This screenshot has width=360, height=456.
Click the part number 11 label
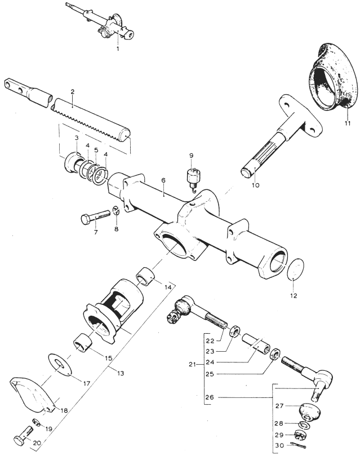[348, 123]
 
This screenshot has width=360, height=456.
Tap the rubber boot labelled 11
[332, 77]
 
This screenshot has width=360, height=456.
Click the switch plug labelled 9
[192, 178]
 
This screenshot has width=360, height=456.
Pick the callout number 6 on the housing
[163, 180]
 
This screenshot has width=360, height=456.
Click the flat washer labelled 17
[60, 362]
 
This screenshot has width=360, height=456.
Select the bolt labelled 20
[24, 434]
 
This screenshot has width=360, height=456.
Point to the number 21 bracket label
[192, 364]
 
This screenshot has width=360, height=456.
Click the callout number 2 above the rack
[72, 92]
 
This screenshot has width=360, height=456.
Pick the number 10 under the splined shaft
[255, 185]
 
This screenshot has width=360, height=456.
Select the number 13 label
[121, 373]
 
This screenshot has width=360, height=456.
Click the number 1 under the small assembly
[118, 49]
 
